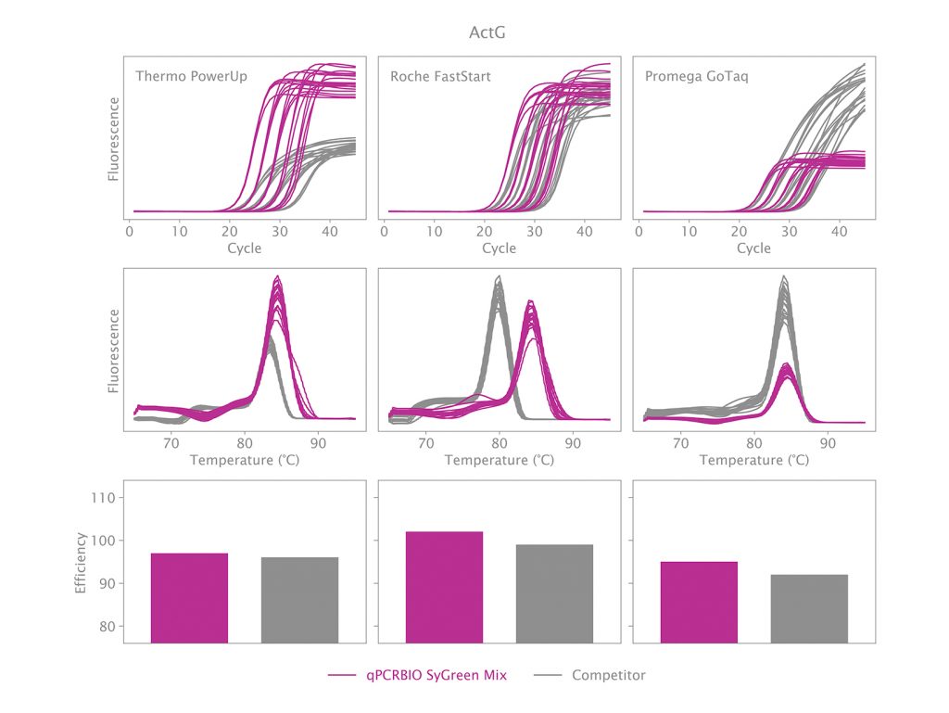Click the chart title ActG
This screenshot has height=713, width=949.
pos(487,33)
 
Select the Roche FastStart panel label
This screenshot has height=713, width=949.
pos(440,76)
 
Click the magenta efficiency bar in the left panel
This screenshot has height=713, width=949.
pos(189,598)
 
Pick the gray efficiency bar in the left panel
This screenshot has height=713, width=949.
pos(299,600)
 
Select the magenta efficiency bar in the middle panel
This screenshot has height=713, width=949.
pos(444,587)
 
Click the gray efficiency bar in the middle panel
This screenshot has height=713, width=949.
pos(554,593)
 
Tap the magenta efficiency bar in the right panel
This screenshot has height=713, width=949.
pos(699,602)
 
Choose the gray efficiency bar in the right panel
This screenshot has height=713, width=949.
pos(809,608)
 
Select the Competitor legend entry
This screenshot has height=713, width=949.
pos(608,675)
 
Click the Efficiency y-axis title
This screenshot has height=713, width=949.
pos(81,562)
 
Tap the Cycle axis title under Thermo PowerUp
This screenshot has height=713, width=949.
pos(244,248)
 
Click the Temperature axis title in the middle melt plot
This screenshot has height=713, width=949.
pos(499,460)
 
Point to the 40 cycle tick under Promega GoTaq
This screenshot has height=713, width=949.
pos(839,231)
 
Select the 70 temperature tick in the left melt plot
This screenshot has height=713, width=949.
pos(171,443)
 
